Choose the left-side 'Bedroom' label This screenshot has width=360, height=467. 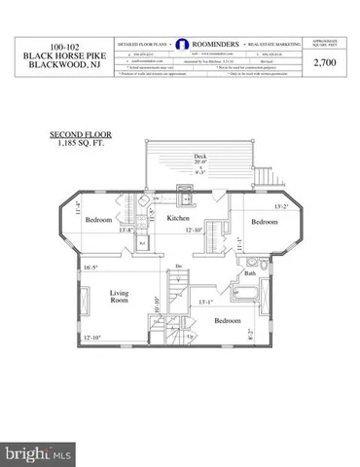pyautogui.click(x=98, y=221)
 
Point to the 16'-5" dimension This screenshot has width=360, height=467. pyautogui.click(x=93, y=267)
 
